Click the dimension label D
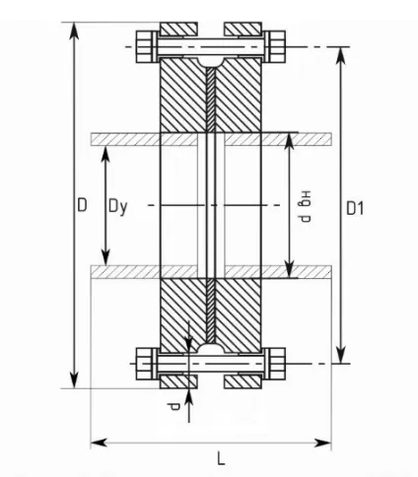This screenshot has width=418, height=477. point(82,205)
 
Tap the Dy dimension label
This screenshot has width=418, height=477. point(117,207)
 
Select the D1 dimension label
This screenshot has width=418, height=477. point(355,208)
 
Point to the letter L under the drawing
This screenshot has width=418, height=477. point(221,458)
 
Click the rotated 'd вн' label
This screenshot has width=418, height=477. point(305,206)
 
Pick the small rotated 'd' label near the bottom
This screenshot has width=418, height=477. point(174,407)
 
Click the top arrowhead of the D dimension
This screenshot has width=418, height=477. point(74,31)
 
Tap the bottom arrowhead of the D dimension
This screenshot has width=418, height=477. point(75,379)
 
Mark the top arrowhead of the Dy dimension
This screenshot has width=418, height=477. point(105,155)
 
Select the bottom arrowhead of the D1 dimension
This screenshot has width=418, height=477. point(342,355)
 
